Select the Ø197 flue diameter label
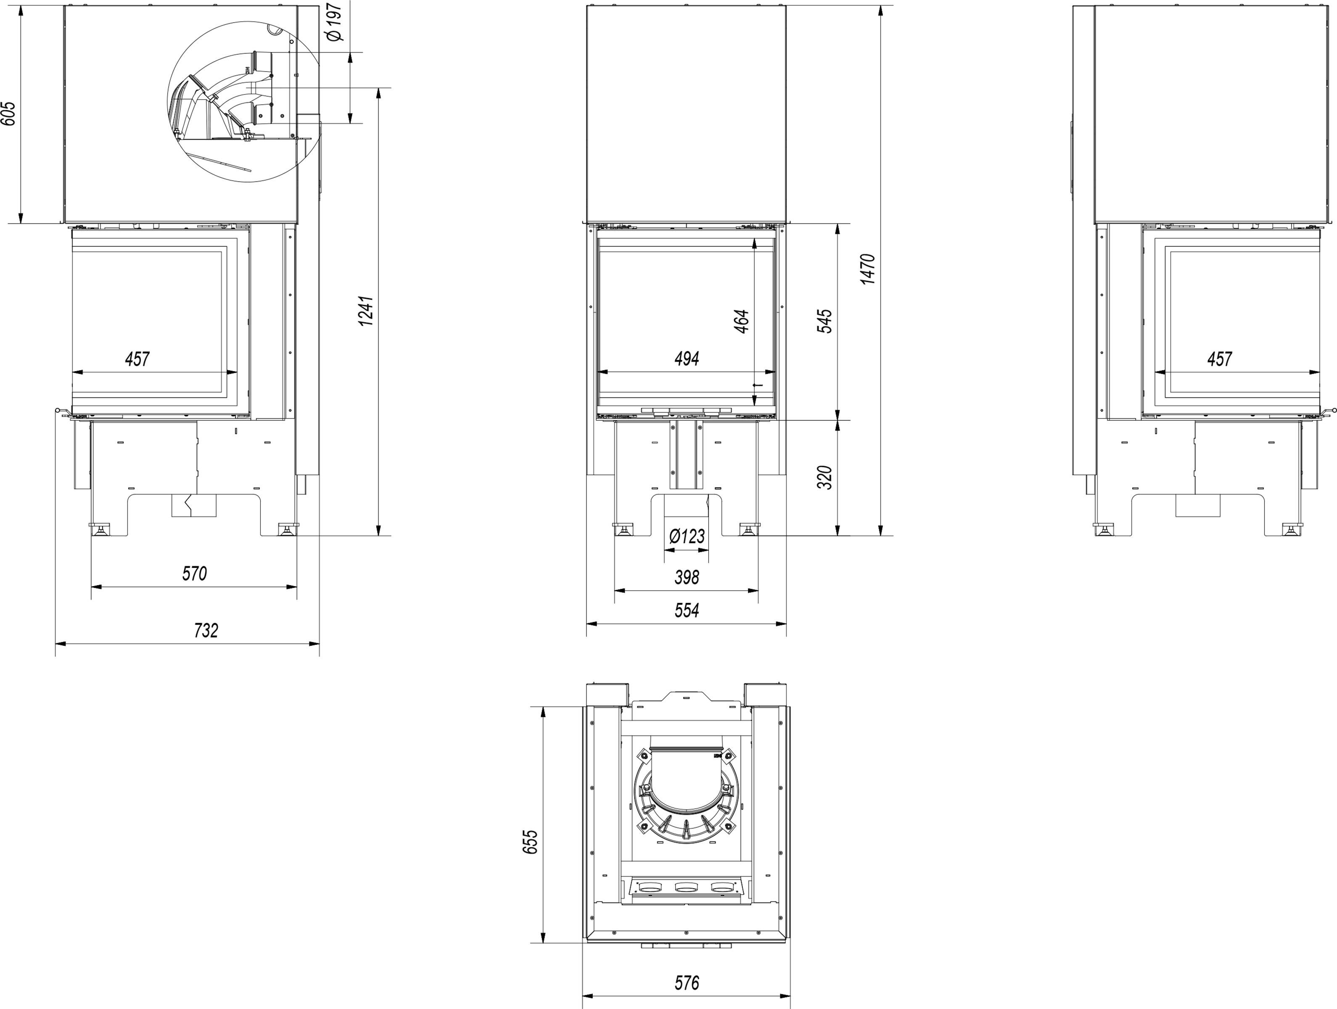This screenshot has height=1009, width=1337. click(x=334, y=21)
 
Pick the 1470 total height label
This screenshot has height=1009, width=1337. click(x=867, y=269)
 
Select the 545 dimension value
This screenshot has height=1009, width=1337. click(x=824, y=321)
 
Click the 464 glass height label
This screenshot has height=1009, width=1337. click(x=742, y=321)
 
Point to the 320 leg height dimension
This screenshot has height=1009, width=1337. click(x=824, y=478)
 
